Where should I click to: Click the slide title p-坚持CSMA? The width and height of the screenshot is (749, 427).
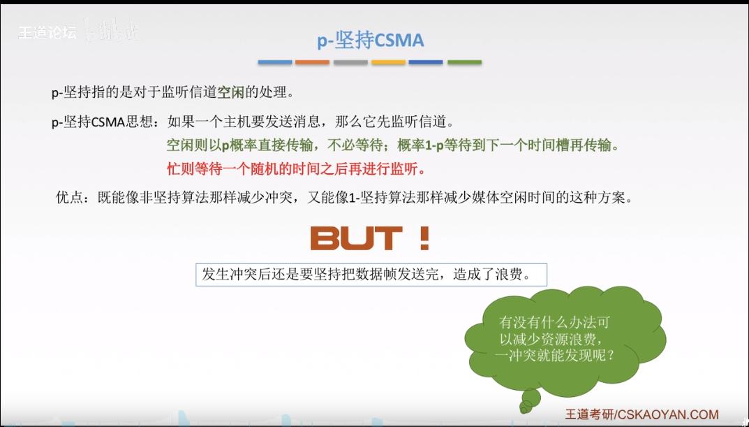(370, 41)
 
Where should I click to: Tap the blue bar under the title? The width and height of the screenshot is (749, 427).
(275, 63)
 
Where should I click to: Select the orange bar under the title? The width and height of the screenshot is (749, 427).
(313, 63)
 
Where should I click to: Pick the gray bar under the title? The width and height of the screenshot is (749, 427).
(350, 63)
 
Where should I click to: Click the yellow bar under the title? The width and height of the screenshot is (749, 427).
(388, 63)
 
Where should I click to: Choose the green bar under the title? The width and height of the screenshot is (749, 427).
(464, 63)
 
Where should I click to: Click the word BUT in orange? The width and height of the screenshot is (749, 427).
(356, 238)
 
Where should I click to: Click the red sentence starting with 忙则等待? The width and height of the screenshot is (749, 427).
(296, 168)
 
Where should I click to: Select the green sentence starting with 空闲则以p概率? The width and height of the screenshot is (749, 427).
(392, 145)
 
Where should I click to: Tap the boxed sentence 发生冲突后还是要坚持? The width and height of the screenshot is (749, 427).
(371, 274)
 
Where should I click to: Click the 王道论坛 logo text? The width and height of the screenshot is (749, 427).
(47, 33)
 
